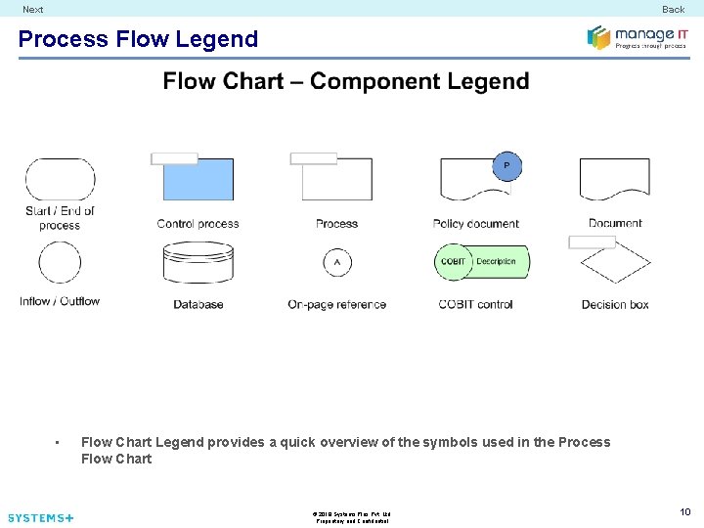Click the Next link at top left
click(x=33, y=9)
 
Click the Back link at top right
click(x=673, y=9)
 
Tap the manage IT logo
click(x=637, y=37)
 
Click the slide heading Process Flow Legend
click(x=138, y=39)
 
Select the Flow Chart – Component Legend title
click(x=346, y=81)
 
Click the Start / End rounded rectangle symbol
click(x=60, y=179)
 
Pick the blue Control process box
click(x=198, y=180)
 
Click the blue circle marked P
click(x=506, y=166)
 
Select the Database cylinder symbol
click(x=198, y=263)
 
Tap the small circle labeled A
click(x=337, y=262)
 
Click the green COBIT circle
click(x=453, y=262)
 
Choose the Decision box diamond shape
click(x=615, y=264)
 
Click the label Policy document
click(x=476, y=224)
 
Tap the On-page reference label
click(x=337, y=304)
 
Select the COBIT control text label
click(x=476, y=304)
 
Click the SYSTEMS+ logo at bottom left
click(x=40, y=517)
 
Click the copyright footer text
click(x=352, y=516)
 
